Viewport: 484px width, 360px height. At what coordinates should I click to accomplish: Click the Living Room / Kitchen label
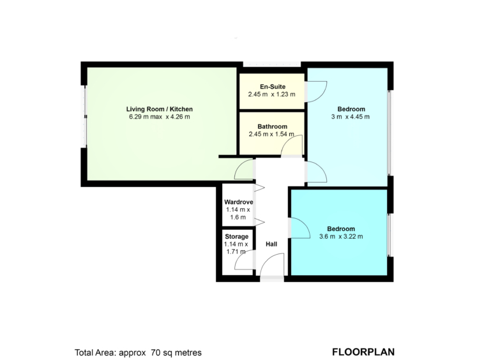click(x=159, y=109)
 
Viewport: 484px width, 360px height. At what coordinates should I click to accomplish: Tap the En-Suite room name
click(x=273, y=87)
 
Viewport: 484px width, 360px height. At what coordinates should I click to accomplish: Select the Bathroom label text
click(x=272, y=126)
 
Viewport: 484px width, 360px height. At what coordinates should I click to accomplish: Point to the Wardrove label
click(x=239, y=202)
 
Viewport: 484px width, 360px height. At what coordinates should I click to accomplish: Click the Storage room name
click(x=236, y=237)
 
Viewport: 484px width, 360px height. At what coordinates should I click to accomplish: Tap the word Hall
click(x=271, y=244)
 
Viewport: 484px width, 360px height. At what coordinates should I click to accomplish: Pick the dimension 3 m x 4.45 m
click(x=350, y=117)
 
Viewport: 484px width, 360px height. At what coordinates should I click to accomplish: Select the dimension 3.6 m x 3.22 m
click(x=341, y=237)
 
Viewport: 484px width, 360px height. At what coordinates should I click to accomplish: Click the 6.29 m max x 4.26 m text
click(x=159, y=117)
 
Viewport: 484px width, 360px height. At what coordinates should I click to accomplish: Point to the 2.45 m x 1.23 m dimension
click(x=271, y=94)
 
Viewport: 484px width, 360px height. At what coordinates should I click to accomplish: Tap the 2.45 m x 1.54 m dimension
click(x=271, y=134)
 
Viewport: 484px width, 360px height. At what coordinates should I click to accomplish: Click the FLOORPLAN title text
click(x=363, y=352)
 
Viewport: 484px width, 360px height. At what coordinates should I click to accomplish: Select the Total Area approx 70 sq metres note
click(x=138, y=352)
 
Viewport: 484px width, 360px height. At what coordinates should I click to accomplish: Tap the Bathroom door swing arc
click(x=286, y=142)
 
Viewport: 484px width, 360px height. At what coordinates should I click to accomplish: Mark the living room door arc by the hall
click(x=240, y=166)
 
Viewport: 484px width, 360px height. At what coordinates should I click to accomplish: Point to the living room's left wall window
click(x=84, y=117)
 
